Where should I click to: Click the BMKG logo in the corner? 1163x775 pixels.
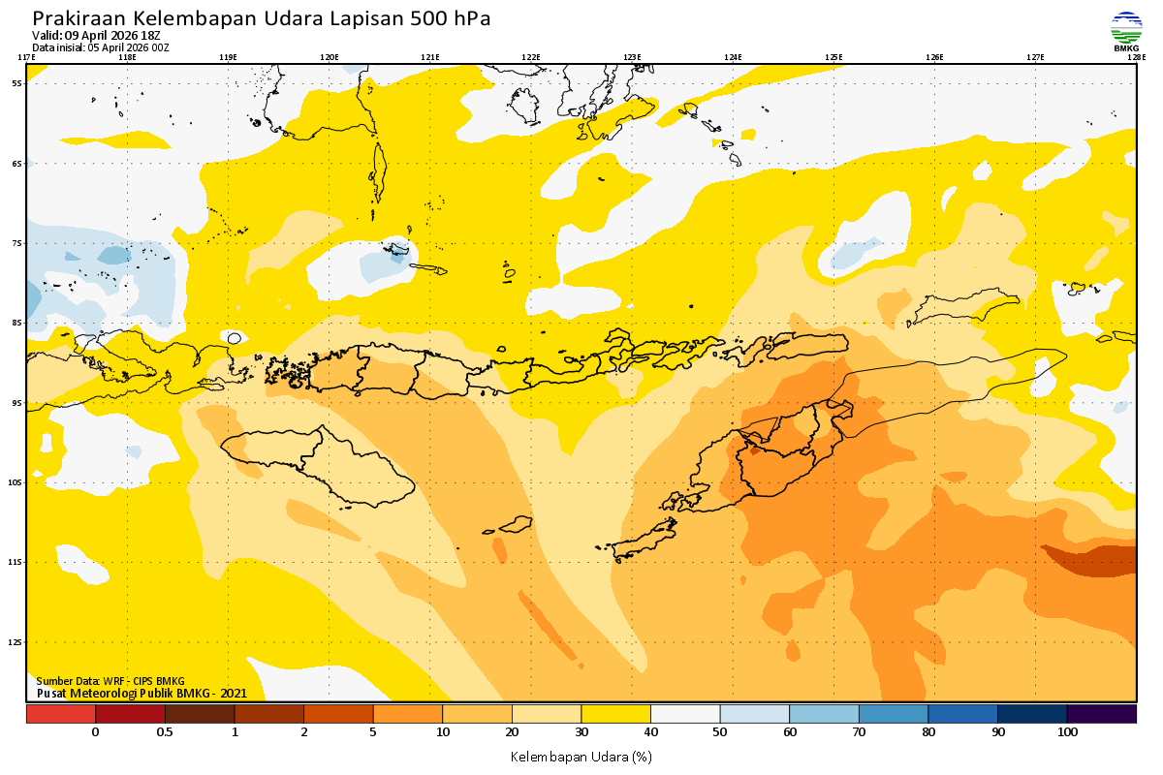[1125, 31]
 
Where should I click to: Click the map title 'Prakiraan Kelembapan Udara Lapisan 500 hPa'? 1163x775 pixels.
[262, 18]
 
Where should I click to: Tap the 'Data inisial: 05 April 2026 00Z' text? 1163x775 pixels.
[101, 46]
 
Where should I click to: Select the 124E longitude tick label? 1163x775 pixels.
[733, 57]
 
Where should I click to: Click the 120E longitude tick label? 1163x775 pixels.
[330, 57]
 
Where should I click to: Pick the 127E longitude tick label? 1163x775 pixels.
[1035, 57]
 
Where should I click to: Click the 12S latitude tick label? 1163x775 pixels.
[16, 641]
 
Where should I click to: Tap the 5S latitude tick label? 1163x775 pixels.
[17, 83]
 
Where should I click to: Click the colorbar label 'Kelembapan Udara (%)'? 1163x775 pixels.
[581, 756]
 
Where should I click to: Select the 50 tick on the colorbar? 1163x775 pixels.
[720, 732]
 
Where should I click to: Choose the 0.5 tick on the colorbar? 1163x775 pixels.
[165, 732]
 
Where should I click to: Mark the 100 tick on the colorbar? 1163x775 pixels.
[1067, 732]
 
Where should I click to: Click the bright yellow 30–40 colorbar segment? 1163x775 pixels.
[615, 714]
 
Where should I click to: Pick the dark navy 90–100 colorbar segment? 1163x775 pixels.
[1032, 714]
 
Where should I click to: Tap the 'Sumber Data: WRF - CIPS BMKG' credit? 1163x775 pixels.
[110, 681]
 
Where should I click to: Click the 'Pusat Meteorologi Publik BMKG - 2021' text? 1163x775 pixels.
[141, 693]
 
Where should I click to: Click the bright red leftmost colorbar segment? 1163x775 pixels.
[60, 714]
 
